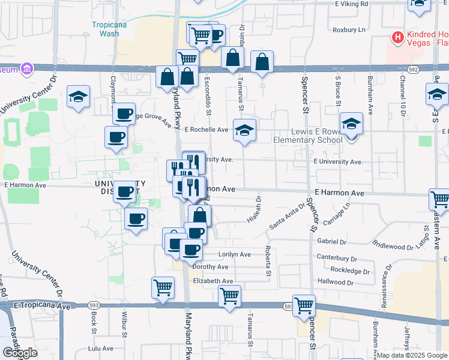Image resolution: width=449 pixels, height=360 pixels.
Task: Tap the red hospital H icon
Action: tap(397, 38)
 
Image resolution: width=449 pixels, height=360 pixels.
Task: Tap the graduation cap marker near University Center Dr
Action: tap(78, 97)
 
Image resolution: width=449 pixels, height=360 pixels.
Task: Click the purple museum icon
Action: tap(26, 69)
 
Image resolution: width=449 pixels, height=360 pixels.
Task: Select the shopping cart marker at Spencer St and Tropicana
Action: tap(304, 305)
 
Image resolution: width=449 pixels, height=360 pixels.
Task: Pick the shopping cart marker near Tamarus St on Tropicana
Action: tap(229, 296)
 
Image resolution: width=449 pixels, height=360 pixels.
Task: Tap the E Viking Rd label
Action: tap(354, 4)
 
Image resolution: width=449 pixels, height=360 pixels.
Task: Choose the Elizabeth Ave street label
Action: tap(212, 281)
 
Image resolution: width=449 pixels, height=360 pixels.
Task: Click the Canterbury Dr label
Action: tap(337, 259)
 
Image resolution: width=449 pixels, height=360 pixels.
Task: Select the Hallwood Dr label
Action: tap(336, 281)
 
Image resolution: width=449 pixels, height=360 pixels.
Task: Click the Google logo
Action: tap(20, 353)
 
